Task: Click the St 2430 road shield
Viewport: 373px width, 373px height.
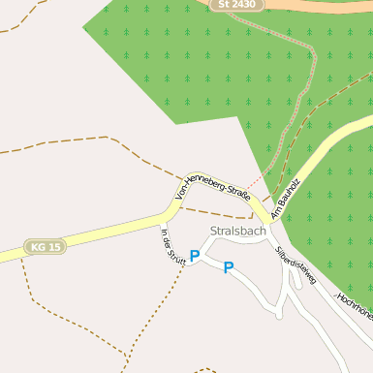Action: [237, 5]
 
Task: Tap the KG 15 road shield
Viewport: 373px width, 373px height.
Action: [46, 247]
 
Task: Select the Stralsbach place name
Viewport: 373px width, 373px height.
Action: [237, 232]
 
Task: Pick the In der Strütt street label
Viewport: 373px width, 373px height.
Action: [172, 246]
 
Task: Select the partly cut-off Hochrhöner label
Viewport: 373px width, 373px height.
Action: [355, 307]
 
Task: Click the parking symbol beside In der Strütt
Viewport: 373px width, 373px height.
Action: [195, 257]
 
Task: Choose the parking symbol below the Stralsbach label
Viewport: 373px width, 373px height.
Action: [229, 267]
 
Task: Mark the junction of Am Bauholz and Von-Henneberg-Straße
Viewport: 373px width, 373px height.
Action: [266, 218]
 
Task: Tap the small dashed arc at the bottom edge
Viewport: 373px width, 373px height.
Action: [205, 369]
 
